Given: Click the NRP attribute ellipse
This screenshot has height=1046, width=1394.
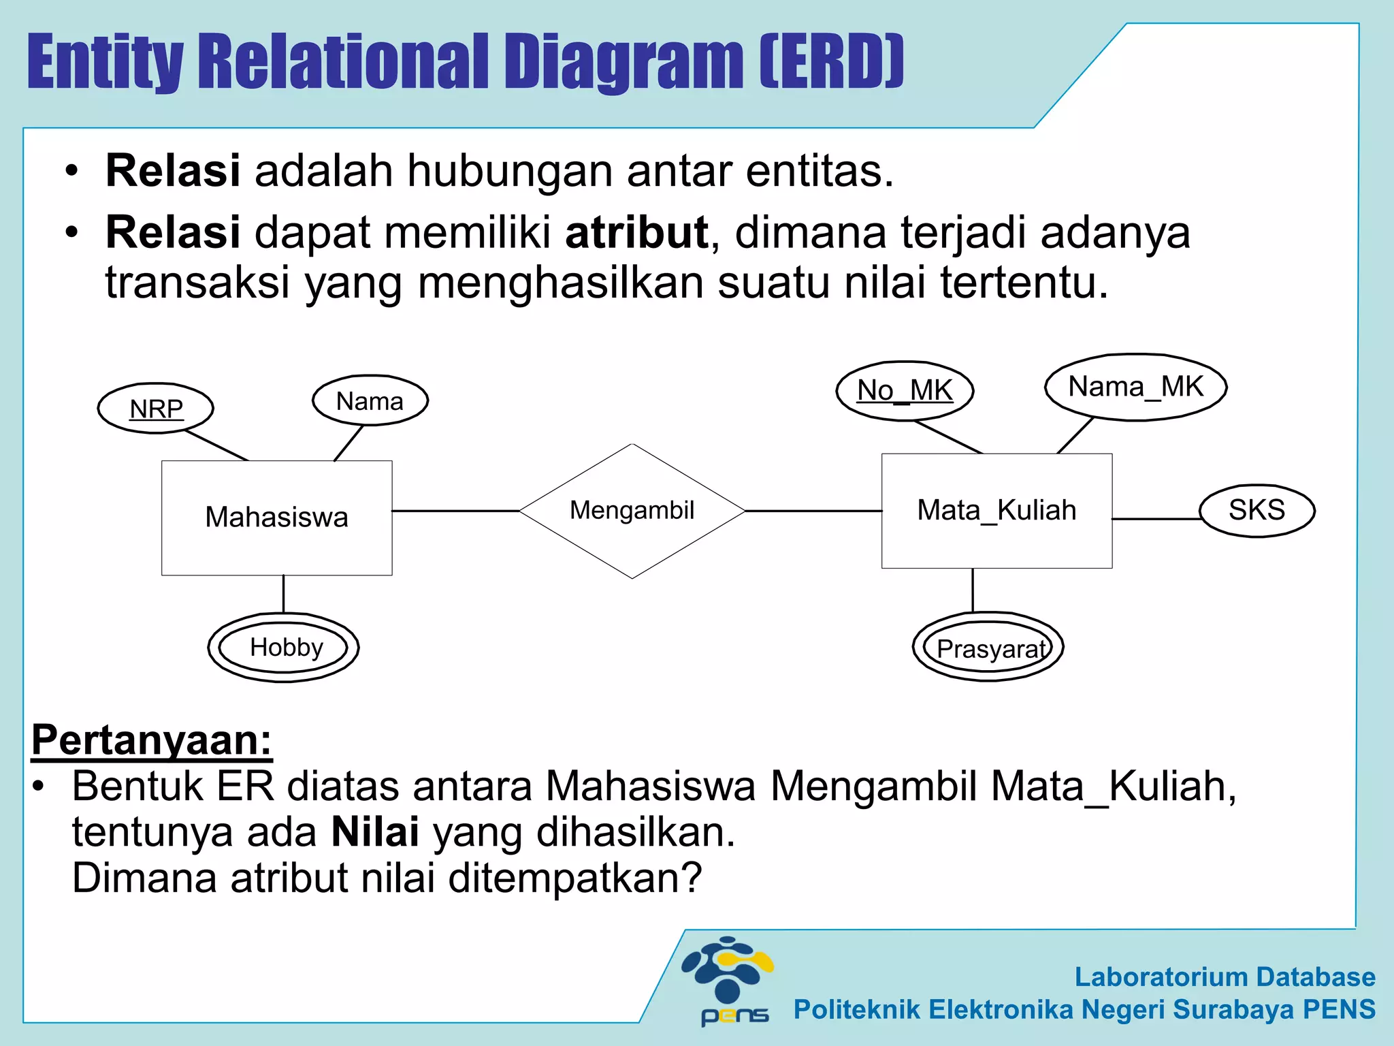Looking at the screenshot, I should coord(156,409).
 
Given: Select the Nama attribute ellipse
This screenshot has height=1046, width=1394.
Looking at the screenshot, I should coord(370,400).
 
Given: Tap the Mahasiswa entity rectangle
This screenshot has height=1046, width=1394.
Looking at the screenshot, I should coord(276,518).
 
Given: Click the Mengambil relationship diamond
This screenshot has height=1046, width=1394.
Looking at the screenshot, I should coord(632,511).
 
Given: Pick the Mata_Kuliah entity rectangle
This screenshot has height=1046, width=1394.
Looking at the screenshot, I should coord(996,511).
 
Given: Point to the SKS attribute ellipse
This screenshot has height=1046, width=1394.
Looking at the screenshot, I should coord(1257,510).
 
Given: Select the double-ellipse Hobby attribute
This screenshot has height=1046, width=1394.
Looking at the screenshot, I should coord(284,647).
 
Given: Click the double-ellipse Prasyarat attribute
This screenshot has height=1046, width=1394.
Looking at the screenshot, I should coord(988,647).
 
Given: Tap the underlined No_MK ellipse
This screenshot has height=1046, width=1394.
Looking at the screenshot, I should coord(905,391).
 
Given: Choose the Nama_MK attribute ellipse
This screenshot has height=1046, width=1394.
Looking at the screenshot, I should coord(1135,387).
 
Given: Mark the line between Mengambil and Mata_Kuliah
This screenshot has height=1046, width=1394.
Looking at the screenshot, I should coord(813,511).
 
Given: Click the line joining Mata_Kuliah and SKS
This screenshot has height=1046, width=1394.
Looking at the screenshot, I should coord(1156,519).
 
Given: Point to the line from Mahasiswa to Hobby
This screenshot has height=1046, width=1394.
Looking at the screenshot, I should coord(283,594).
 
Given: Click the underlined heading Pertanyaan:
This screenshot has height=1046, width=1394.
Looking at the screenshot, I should coord(151,740).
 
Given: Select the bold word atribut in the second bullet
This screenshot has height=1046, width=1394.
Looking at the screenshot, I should coord(636,233).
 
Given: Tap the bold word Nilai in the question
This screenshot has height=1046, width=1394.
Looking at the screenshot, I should coord(374,832).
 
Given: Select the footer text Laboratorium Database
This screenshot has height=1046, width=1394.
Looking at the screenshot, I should coord(1225,977).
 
